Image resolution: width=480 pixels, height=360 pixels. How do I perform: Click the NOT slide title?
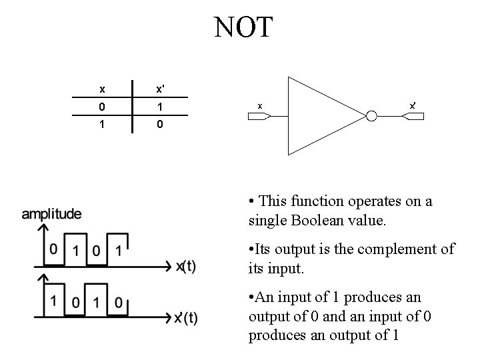click(243, 27)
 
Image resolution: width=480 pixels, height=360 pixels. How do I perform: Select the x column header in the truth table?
click(101, 89)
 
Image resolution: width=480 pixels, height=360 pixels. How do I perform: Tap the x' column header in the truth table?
click(160, 89)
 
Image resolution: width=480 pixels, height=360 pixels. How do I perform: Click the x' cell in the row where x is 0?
click(160, 107)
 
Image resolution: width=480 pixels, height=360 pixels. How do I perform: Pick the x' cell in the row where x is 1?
click(160, 125)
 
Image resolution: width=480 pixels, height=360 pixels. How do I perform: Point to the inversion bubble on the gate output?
click(371, 117)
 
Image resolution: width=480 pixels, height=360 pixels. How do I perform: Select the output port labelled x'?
click(413, 117)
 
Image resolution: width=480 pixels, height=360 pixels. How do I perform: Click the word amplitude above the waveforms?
click(52, 215)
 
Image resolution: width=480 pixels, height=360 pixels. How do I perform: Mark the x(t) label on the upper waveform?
click(186, 267)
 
